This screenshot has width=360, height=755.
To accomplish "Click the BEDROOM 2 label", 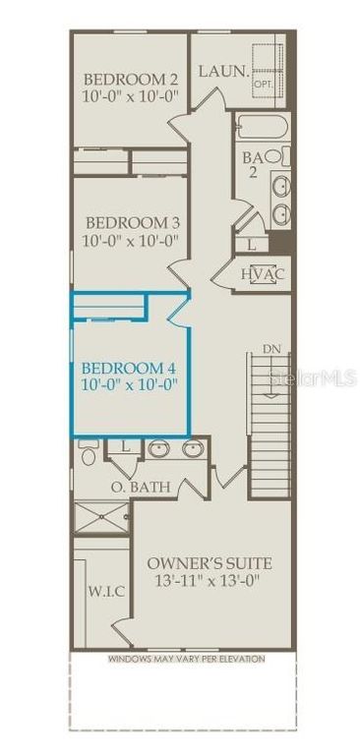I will pyautogui.click(x=131, y=80).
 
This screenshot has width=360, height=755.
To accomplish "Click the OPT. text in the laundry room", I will pyautogui.click(x=263, y=84).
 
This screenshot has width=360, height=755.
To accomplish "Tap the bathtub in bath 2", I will pyautogui.click(x=262, y=128).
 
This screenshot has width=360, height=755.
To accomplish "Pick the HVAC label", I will pyautogui.click(x=263, y=273).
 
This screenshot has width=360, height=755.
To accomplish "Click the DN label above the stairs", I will pyautogui.click(x=271, y=348).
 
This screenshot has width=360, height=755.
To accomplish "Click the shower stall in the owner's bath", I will pyautogui.click(x=101, y=518).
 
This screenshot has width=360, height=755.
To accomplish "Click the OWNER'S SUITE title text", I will pyautogui.click(x=209, y=563).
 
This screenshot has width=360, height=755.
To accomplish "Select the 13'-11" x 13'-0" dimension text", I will pyautogui.click(x=209, y=581).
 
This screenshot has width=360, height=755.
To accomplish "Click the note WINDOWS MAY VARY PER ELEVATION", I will pyautogui.click(x=186, y=660).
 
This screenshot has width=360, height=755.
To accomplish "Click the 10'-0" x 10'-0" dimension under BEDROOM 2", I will pyautogui.click(x=131, y=97).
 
